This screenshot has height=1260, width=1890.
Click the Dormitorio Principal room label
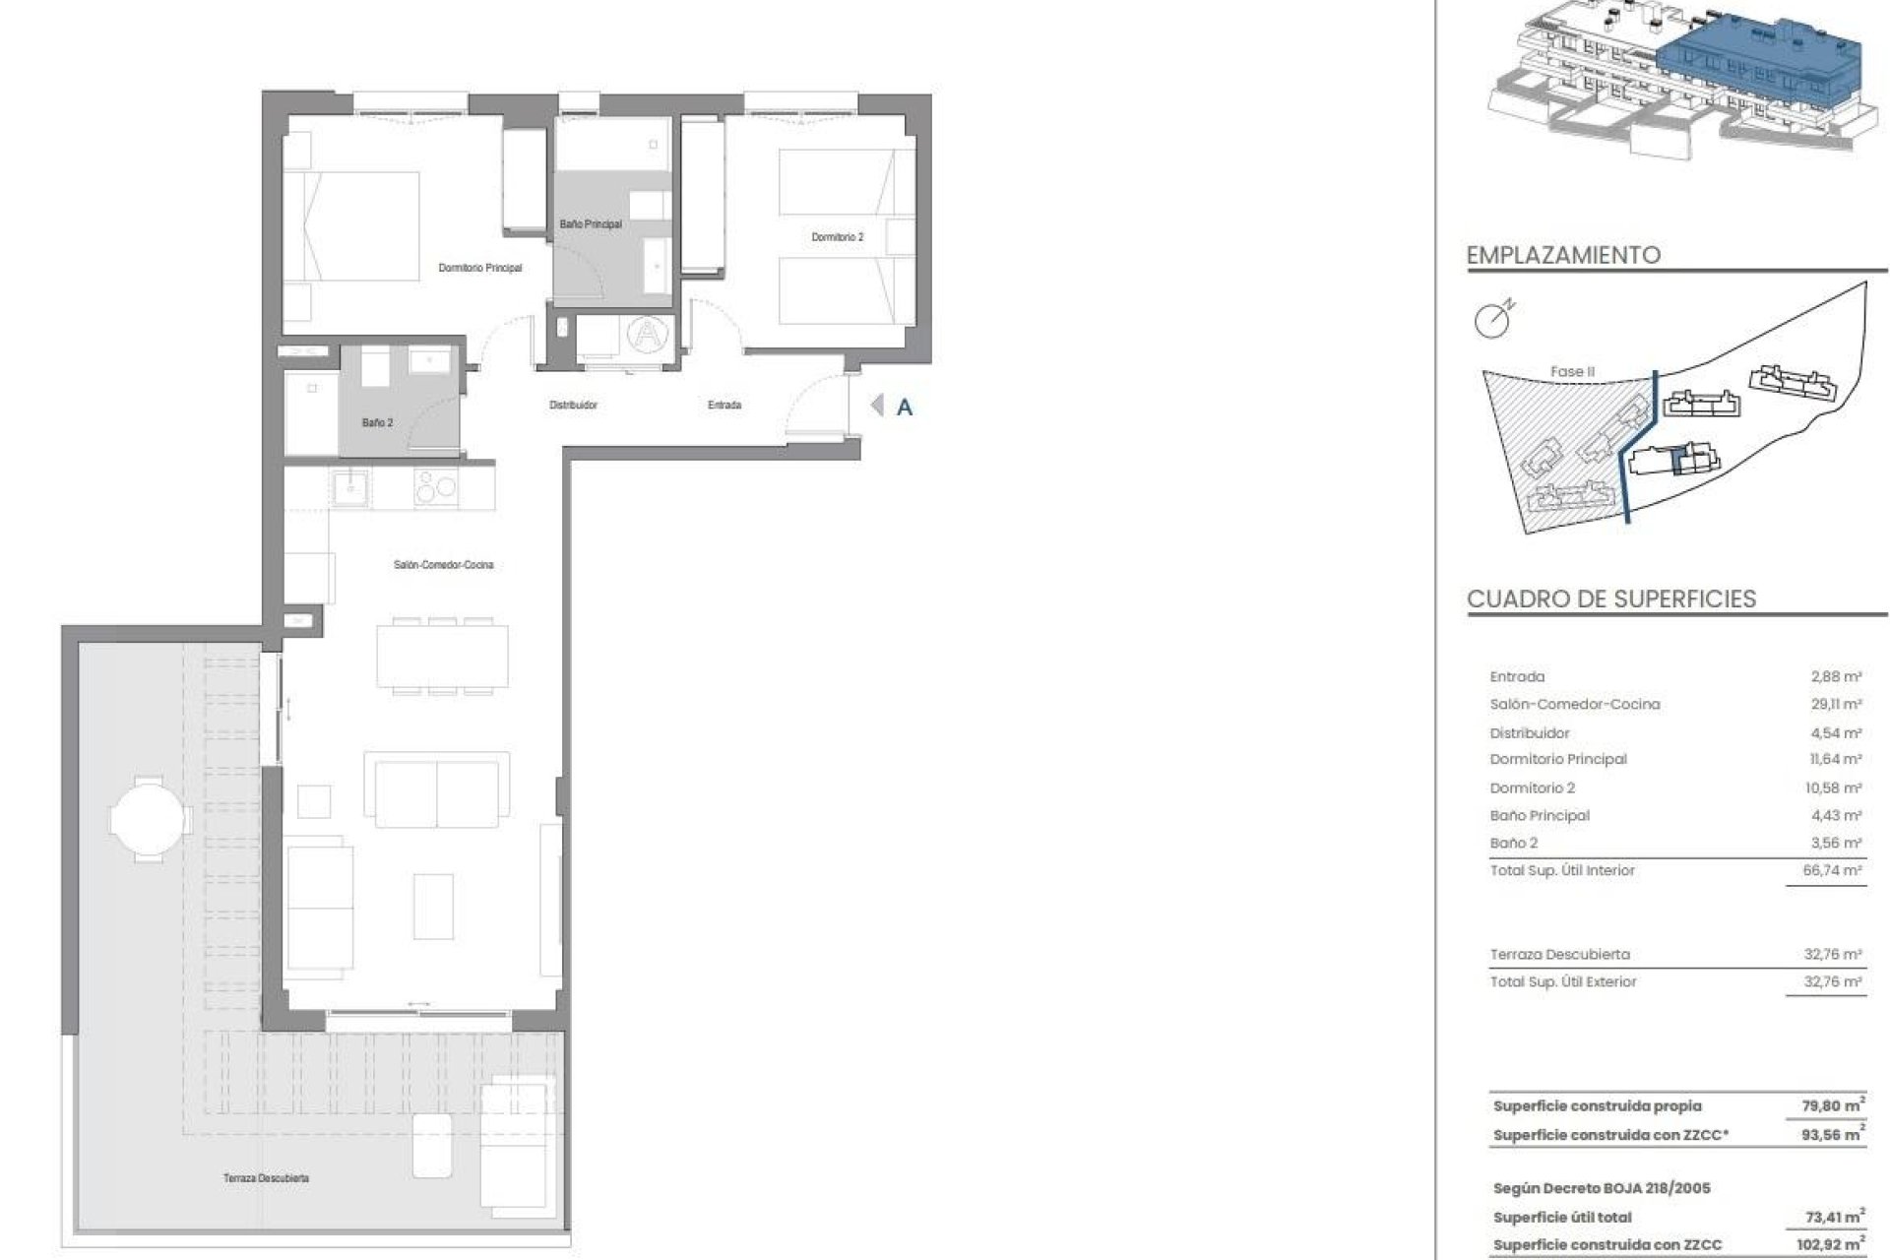point(479,268)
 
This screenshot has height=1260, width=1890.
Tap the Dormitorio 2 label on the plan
point(837,237)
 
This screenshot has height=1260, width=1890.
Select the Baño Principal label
point(591,224)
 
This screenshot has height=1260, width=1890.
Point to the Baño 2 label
point(377,422)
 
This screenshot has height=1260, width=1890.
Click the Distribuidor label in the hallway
point(573,405)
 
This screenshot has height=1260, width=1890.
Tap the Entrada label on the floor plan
point(724,405)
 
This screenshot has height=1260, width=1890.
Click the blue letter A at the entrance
point(904,408)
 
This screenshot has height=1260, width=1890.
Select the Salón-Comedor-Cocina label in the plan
point(443,565)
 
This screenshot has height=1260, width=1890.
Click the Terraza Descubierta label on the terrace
point(266,1178)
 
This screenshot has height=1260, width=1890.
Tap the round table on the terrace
point(147,817)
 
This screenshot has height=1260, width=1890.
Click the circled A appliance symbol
point(647,335)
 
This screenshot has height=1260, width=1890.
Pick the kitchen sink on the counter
point(350,487)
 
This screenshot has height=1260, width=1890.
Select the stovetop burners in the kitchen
point(435,487)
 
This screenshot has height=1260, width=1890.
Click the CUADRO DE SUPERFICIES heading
point(1610,598)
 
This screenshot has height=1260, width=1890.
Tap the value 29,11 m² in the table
point(1836,704)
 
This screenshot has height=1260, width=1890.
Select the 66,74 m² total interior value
point(1836,870)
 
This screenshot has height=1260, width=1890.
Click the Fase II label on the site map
point(1571,371)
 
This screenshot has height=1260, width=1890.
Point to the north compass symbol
point(1492,319)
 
